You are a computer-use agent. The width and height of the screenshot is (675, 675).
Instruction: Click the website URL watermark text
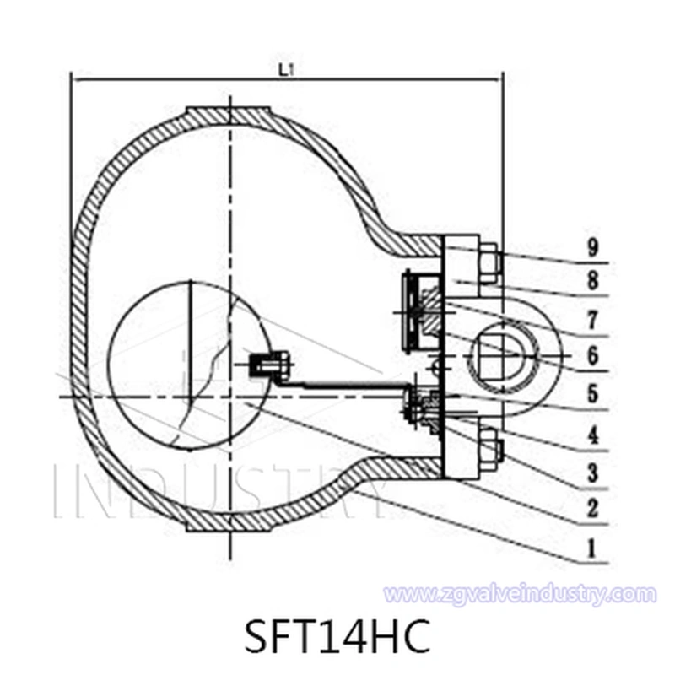519,594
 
